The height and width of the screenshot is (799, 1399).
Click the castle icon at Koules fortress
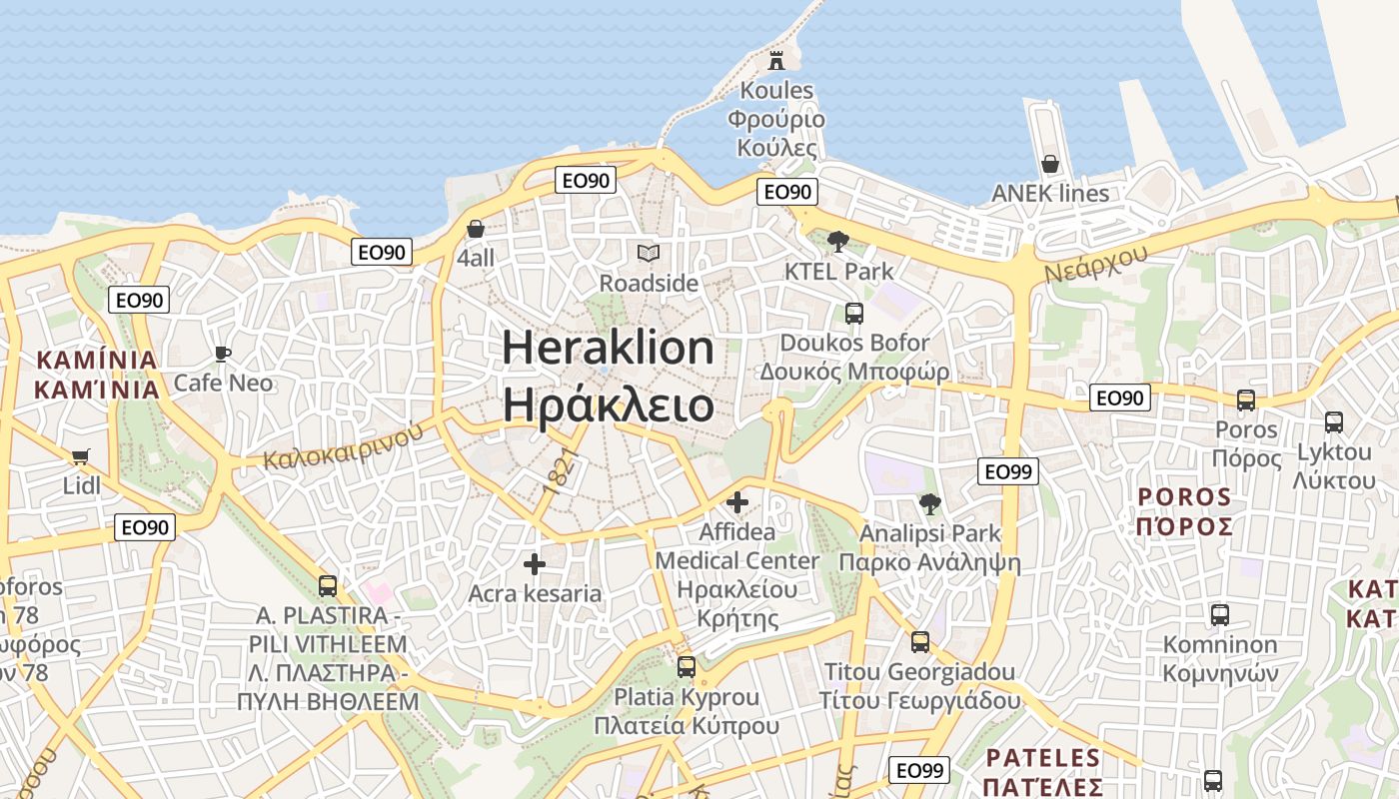click(x=776, y=60)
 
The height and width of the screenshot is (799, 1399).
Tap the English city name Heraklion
click(x=608, y=348)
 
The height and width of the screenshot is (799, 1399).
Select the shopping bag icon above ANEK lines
click(x=1049, y=164)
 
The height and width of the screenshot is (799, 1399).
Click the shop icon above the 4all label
click(x=476, y=229)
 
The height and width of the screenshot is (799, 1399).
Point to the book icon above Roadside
click(x=649, y=254)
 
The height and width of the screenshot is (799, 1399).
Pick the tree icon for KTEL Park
click(x=838, y=241)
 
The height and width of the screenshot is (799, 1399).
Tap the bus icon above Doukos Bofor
click(x=854, y=314)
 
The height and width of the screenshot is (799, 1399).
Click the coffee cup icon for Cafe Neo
click(x=223, y=354)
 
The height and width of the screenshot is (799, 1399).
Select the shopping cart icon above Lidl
click(x=81, y=457)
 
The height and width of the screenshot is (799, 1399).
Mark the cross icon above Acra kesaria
click(x=535, y=564)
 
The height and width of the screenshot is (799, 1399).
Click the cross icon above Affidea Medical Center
click(x=737, y=502)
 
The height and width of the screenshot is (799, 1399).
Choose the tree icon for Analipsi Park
click(x=930, y=504)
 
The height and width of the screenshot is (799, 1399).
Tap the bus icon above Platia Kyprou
click(x=686, y=667)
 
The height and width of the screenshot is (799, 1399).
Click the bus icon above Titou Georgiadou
click(x=920, y=642)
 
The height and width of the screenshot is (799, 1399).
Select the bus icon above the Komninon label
click(x=1219, y=615)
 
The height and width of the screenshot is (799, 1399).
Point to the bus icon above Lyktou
click(x=1333, y=422)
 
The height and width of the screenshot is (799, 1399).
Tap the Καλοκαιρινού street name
click(x=343, y=445)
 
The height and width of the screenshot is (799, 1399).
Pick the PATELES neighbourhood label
click(x=1042, y=758)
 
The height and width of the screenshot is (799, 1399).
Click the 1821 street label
click(x=562, y=472)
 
